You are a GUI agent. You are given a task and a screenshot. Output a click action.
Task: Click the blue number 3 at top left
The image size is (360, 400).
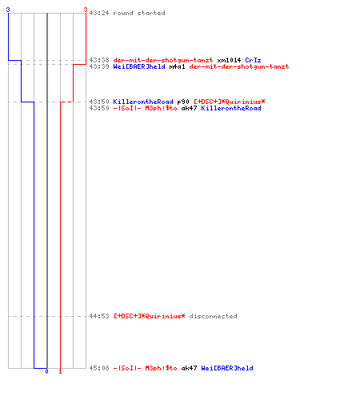pos(8,10)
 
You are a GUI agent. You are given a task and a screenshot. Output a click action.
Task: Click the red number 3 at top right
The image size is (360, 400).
pos(86,10)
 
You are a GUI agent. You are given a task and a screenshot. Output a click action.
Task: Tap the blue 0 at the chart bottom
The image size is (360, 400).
pos(46,371)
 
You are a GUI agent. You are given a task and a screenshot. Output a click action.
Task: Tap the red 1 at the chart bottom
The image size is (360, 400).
pos(60,371)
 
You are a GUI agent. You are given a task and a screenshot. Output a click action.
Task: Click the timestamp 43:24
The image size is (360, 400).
pos(99,13)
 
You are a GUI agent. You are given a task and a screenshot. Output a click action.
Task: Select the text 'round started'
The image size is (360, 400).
pos(139,13)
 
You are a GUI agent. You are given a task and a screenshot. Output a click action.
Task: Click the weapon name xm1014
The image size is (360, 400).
pos(229,60)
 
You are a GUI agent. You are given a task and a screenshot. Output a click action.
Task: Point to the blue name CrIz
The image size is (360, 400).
pos(253,60)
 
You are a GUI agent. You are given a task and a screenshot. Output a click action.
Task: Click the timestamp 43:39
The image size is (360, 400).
pos(99,66)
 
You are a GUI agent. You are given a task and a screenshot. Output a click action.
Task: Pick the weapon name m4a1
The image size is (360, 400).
pos(177,66)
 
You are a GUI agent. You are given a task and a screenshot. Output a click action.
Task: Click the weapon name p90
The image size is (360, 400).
pos(183,102)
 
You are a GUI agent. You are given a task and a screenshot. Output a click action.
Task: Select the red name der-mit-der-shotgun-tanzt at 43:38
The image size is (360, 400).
pos(163,60)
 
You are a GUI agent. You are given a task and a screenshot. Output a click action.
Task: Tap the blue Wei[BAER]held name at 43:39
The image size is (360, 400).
pos(139,66)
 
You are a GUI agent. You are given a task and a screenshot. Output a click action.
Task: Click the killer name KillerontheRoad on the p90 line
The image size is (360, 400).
pos(143,102)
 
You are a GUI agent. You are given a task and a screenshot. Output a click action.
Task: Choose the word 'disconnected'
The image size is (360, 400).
pos(213,316)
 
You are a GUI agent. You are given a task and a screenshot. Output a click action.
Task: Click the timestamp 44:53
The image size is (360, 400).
pos(99,316)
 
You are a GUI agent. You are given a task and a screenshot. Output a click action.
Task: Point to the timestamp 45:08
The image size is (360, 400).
pos(99,368)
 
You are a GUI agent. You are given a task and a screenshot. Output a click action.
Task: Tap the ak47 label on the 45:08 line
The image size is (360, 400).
pos(189,368)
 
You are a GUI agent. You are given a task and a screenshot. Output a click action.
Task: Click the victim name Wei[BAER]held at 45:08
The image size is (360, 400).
pos(227,368)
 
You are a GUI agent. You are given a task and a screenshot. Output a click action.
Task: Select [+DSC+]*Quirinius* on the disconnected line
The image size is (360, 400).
pos(149,316)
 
